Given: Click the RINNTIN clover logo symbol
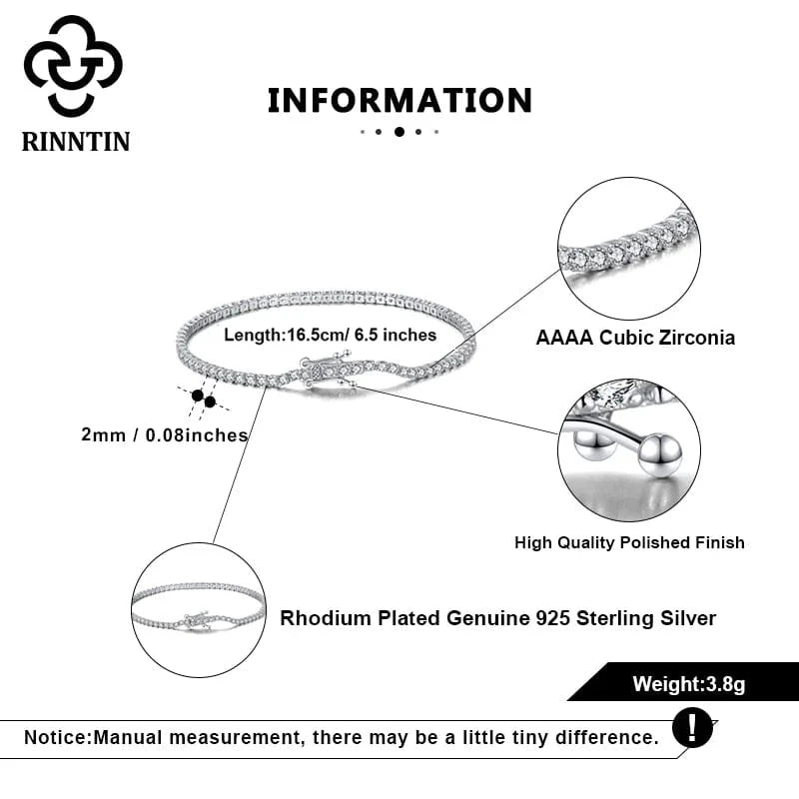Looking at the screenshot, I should pos(73,66).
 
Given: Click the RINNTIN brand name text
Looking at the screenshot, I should pos(76,141).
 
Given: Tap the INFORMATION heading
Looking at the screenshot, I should pos(399,100).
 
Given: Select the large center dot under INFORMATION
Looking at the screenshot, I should pos(399,131).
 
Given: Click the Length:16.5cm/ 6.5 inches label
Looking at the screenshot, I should pos(330,335).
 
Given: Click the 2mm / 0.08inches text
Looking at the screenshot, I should pos(166,434).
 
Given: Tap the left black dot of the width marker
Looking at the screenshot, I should pos(197,397).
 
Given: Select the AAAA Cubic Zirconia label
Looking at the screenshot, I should pos(635,338).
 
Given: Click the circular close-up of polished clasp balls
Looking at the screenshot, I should pos(628,449).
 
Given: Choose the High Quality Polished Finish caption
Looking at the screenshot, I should pos(629,542).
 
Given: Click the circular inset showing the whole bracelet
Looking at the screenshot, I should pos(199,610).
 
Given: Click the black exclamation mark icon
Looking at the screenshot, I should pos(692,726).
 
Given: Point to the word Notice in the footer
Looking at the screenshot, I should pos(56,738).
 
